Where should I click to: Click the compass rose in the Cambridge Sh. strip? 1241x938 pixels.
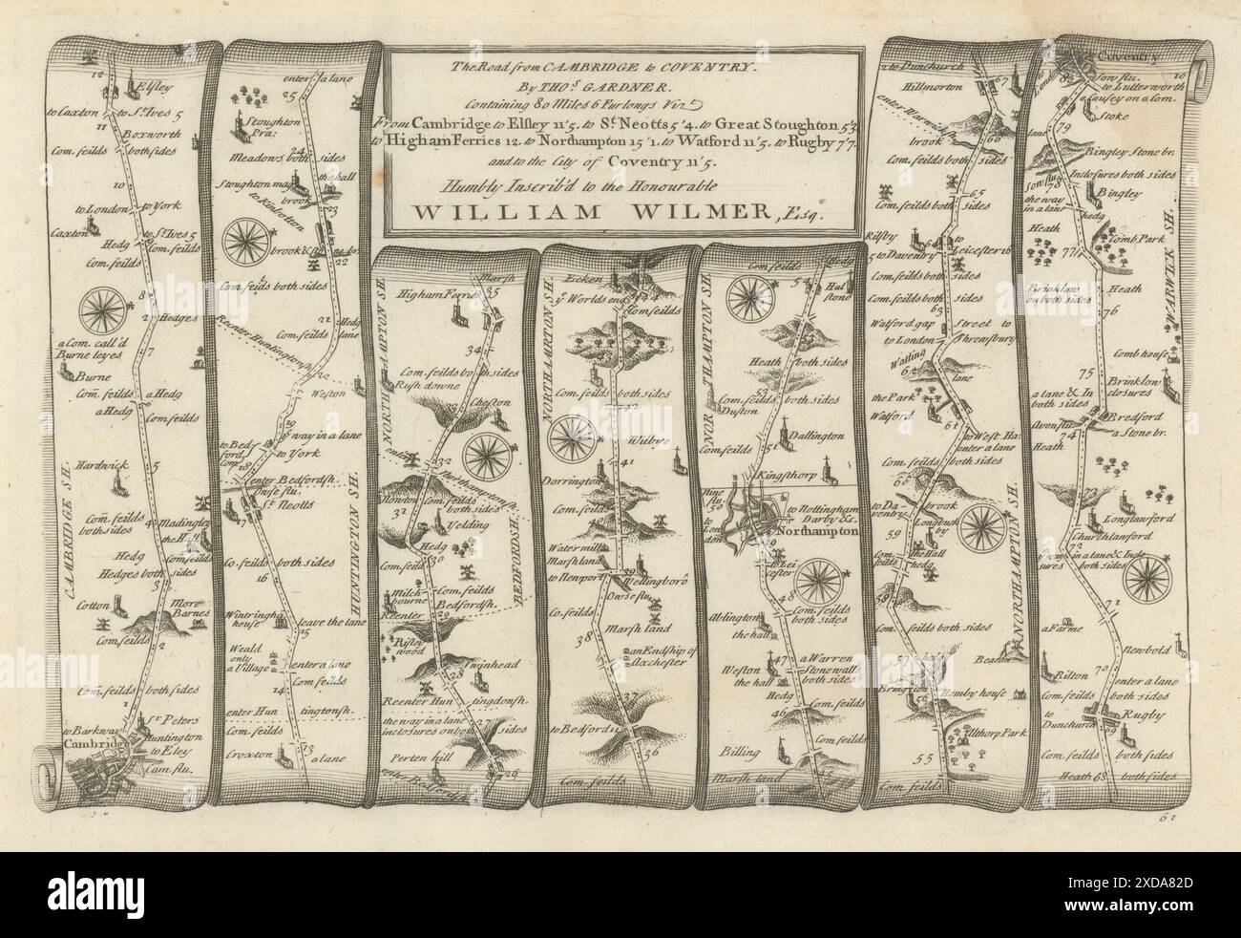point(97,311)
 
